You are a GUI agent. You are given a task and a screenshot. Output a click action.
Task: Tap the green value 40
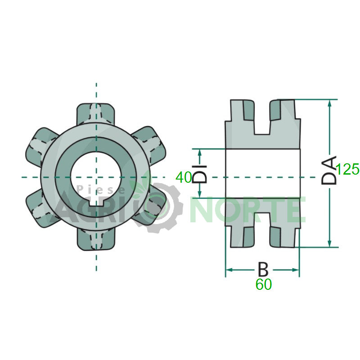pyautogui.click(x=184, y=177)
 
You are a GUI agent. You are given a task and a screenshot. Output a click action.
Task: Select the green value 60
pyautogui.click(x=264, y=284)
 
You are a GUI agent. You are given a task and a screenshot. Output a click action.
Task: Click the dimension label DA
pyautogui.click(x=329, y=170)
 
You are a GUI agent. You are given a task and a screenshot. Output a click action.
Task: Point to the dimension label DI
pyautogui.click(x=199, y=174)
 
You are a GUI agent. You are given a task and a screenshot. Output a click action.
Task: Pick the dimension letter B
pyautogui.click(x=263, y=269)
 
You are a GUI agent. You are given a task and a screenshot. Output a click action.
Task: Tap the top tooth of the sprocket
pyautogui.click(x=95, y=114)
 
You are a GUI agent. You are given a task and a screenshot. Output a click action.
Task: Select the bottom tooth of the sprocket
pyautogui.click(x=96, y=240)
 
